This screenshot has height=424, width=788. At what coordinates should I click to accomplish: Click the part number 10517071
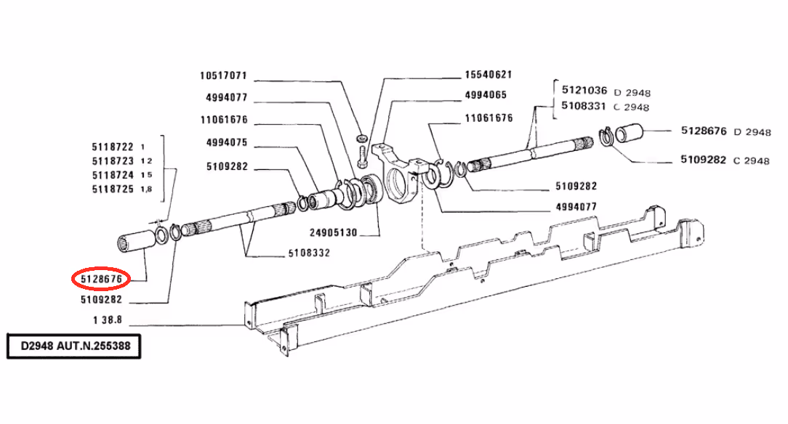point(224,76)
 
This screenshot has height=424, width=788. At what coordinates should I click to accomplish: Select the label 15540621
point(489,75)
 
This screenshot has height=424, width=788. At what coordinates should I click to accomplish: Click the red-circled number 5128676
point(100,278)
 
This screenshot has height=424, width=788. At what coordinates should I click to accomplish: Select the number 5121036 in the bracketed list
point(584,91)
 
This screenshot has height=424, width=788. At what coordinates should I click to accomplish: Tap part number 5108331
point(584,106)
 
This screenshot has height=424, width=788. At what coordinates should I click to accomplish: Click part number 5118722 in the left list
point(113,147)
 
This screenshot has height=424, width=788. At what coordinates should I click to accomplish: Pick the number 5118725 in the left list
point(113,189)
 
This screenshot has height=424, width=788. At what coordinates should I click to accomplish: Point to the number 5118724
point(113,175)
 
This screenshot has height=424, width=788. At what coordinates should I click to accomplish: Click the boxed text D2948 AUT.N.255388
point(76,346)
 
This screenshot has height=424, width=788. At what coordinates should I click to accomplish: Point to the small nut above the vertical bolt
point(362,138)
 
